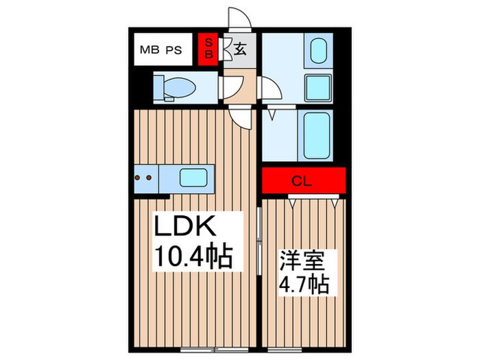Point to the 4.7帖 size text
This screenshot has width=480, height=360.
302,283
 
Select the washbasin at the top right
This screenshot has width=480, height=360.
317,52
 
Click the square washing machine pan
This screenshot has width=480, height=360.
317,87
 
